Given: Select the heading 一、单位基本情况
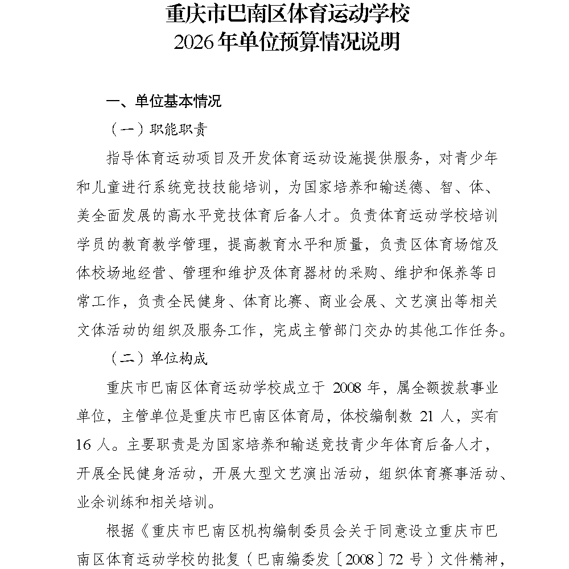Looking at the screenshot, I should (164, 101).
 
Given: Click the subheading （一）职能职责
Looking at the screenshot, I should (157, 130).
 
